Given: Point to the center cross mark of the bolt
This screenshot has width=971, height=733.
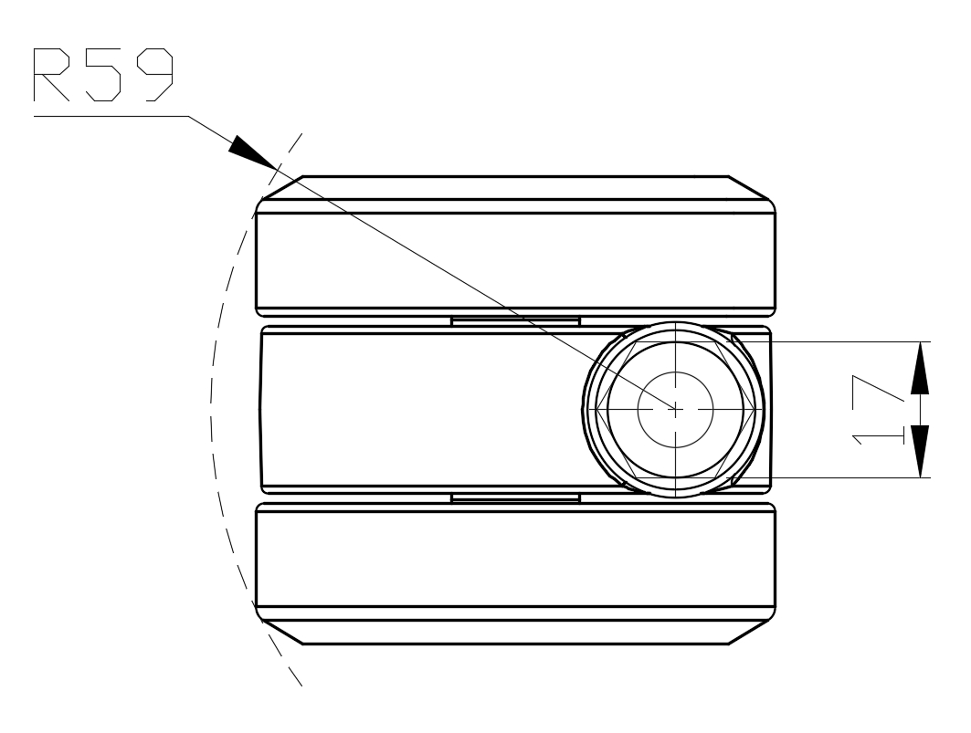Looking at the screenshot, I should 674,409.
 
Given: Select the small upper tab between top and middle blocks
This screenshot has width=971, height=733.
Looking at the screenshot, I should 515,320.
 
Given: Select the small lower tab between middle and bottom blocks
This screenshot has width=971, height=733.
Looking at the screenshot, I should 515,497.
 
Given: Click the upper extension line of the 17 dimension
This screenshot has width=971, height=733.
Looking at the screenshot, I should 840,341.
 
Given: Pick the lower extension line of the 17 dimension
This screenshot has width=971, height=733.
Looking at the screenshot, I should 840,477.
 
